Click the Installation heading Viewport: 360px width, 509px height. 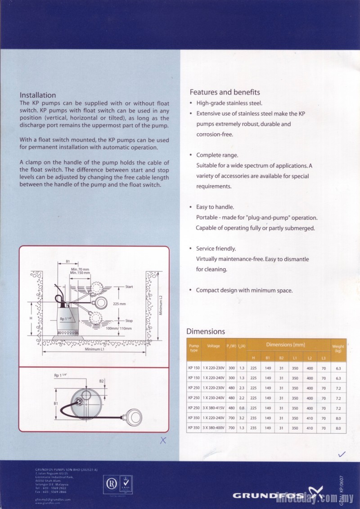[x=38, y=95]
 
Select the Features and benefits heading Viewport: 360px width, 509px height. [x=225, y=92]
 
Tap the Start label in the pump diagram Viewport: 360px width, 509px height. [x=129, y=287]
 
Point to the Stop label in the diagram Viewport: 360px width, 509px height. [x=129, y=321]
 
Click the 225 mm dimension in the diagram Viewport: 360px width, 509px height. [x=119, y=304]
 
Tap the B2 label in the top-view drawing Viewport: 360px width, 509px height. [x=102, y=381]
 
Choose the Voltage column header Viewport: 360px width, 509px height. [x=213, y=346]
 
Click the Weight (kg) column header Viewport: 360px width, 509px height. [x=338, y=348]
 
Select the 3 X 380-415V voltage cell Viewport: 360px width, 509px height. [x=213, y=408]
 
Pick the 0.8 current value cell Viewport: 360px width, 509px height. [x=242, y=408]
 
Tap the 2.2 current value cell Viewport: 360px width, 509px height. [x=242, y=398]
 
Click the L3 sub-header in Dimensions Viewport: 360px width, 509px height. [x=324, y=358]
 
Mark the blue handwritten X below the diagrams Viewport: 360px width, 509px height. [x=163, y=441]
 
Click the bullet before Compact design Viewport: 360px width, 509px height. [x=191, y=290]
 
